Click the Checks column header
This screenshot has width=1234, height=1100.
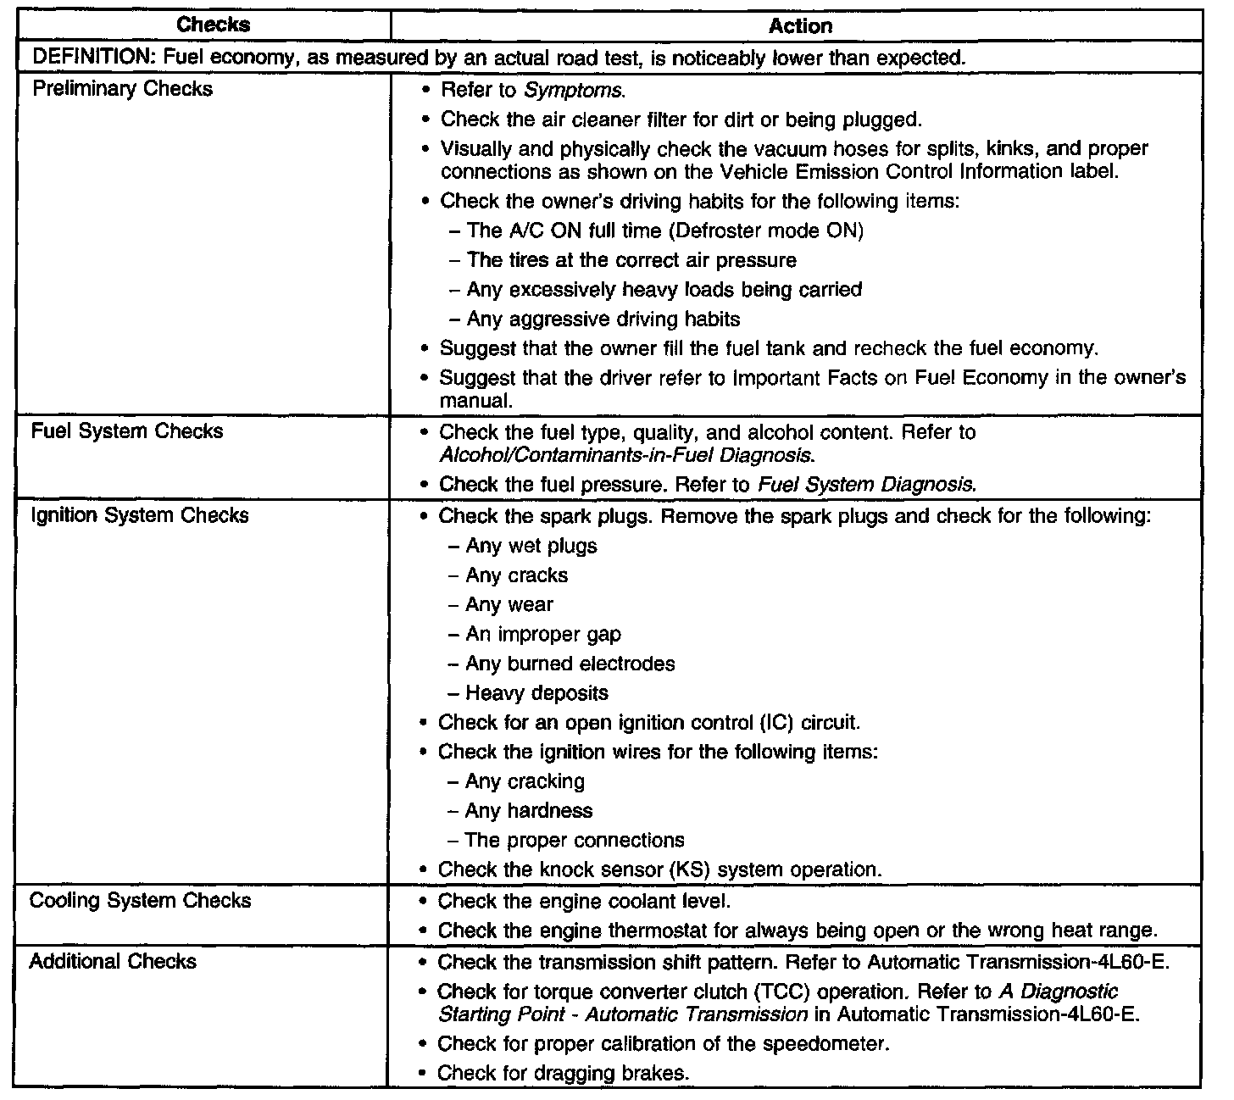coord(214,25)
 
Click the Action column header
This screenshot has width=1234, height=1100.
coord(799,26)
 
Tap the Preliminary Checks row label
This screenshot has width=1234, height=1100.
coord(122,89)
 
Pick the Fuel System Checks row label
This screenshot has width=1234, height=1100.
coord(127,431)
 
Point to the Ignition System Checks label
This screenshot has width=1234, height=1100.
coord(139,515)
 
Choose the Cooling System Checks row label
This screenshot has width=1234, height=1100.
coord(140,900)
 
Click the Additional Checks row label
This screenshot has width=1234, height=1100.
coord(113,961)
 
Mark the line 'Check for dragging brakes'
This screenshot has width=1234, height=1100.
coord(563,1073)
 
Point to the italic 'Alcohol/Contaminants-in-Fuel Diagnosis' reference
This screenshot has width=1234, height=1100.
coord(626,455)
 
